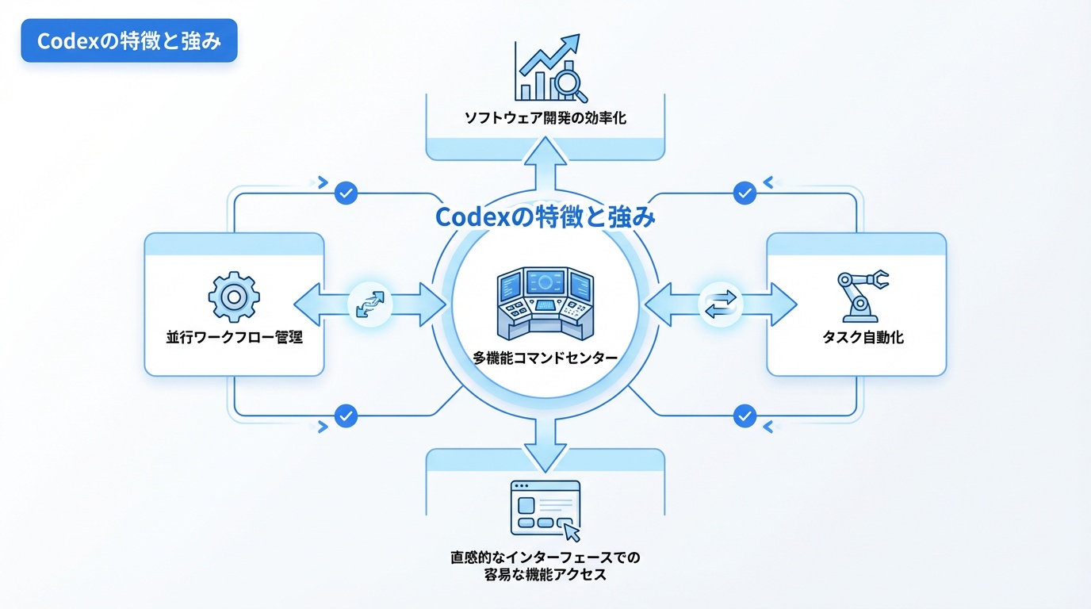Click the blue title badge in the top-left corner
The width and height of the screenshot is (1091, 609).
tap(128, 41)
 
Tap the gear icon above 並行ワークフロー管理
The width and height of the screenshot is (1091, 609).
tap(233, 297)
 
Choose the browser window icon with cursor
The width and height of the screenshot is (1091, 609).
tap(545, 510)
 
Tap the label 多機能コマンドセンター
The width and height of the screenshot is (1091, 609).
tap(545, 358)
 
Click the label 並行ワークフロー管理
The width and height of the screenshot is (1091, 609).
tap(235, 338)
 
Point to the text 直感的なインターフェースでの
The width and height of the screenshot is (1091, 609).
tap(545, 558)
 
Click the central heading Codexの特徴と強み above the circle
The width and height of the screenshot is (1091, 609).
tap(545, 216)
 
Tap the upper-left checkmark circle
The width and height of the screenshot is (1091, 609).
tap(346, 193)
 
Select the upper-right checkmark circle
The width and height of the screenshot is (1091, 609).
tap(745, 193)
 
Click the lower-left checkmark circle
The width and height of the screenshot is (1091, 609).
tap(346, 416)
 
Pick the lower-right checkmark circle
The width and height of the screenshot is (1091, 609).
tap(745, 416)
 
